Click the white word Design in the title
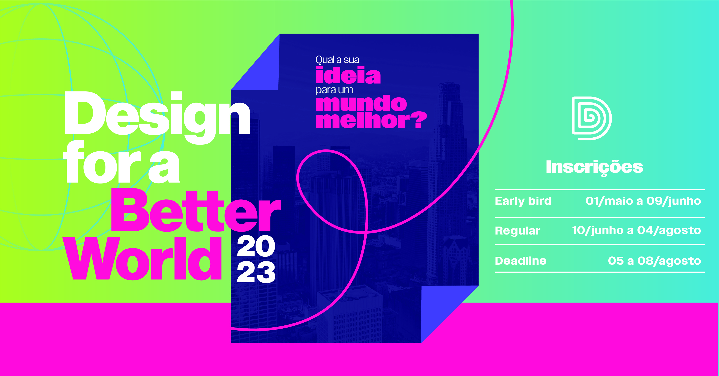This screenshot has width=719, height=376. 157,117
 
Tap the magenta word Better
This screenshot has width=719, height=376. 196,211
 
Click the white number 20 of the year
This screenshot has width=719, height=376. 256,246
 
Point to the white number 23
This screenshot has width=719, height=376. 256,272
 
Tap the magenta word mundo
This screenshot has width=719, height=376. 361,103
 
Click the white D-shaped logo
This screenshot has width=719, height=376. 592,118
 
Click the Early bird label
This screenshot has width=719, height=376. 523,201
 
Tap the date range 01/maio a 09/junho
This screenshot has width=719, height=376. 643,201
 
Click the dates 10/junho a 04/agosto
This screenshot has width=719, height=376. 636,230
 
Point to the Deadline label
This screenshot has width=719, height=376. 521,261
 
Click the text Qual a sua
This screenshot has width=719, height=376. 337,60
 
